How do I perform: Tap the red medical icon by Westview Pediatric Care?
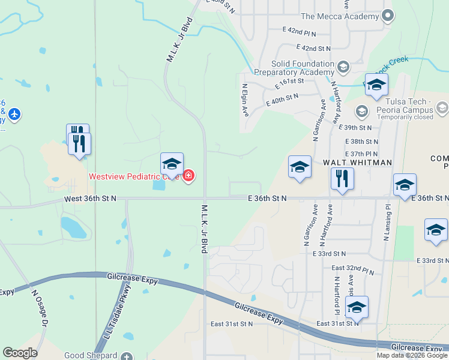pyautogui.click(x=188, y=176)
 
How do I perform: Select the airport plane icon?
pyautogui.click(x=14, y=113)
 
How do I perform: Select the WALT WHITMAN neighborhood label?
pyautogui.click(x=357, y=163)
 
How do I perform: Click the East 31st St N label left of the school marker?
pyautogui.click(x=232, y=324)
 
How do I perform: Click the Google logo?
pyautogui.click(x=20, y=353)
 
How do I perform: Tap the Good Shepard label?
pyautogui.click(x=91, y=356)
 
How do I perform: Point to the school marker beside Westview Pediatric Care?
pyautogui.click(x=172, y=164)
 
